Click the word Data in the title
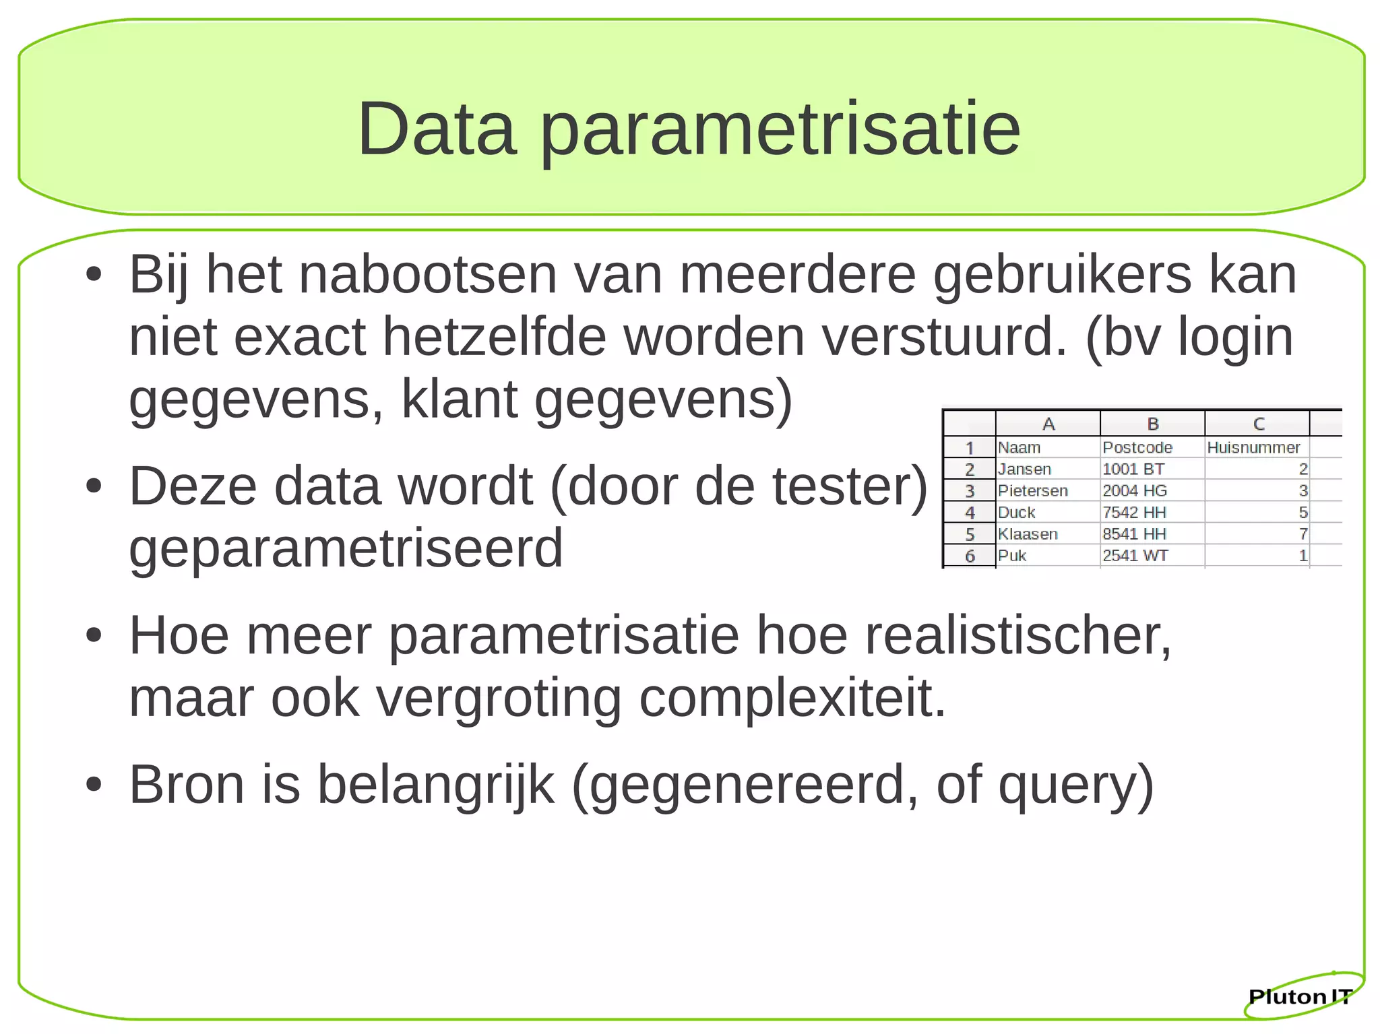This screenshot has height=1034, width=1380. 437,129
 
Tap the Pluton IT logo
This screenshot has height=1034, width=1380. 1300,996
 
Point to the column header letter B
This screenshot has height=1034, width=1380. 1153,424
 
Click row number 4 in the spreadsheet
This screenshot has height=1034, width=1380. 970,513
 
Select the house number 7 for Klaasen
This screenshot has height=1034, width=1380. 1303,534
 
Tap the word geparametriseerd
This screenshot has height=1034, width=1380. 346,548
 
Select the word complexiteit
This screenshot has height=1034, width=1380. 792,699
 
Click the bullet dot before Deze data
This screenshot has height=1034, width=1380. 94,487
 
